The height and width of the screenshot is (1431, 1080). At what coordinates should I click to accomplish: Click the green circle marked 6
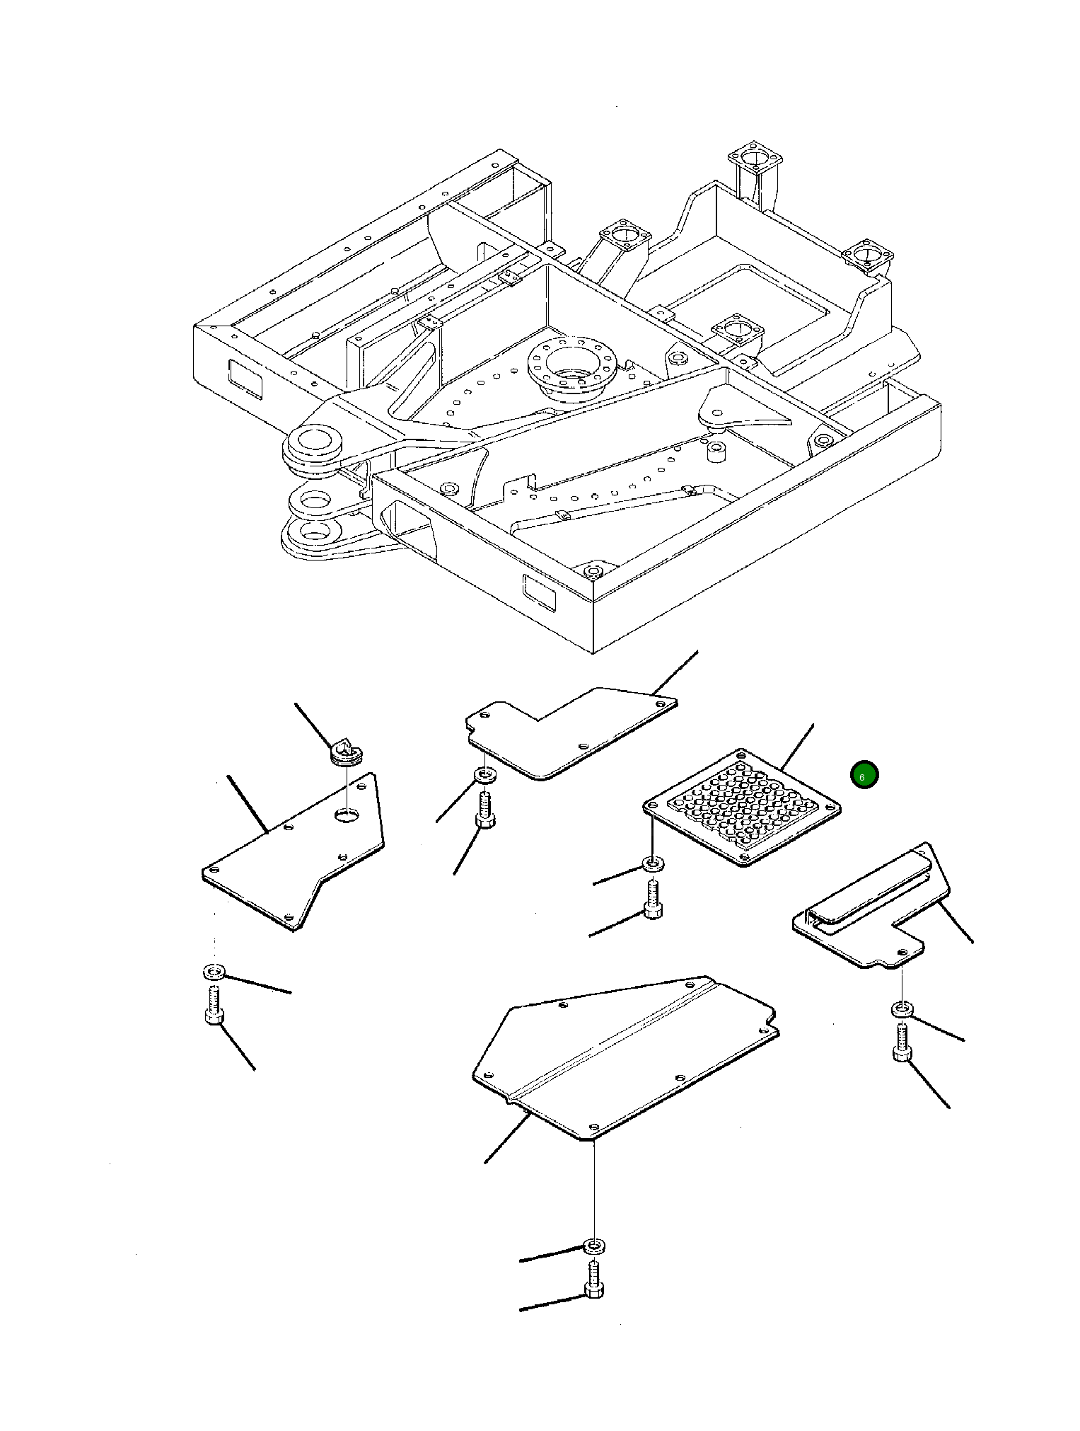864,775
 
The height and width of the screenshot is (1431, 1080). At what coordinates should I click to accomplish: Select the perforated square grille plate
742,808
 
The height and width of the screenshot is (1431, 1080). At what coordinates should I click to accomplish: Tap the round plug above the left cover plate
347,752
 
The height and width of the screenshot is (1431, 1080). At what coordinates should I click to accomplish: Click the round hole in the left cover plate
347,815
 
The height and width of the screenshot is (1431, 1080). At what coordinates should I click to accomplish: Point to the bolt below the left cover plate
214,1006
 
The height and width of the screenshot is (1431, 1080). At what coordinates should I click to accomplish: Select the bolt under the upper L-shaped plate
485,810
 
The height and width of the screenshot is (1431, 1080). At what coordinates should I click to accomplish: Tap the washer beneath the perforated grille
652,864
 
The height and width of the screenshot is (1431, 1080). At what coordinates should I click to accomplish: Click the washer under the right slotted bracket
901,1009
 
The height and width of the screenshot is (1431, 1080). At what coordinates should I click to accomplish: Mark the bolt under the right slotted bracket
901,1043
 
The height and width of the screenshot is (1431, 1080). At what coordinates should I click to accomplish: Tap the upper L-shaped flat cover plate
566,736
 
